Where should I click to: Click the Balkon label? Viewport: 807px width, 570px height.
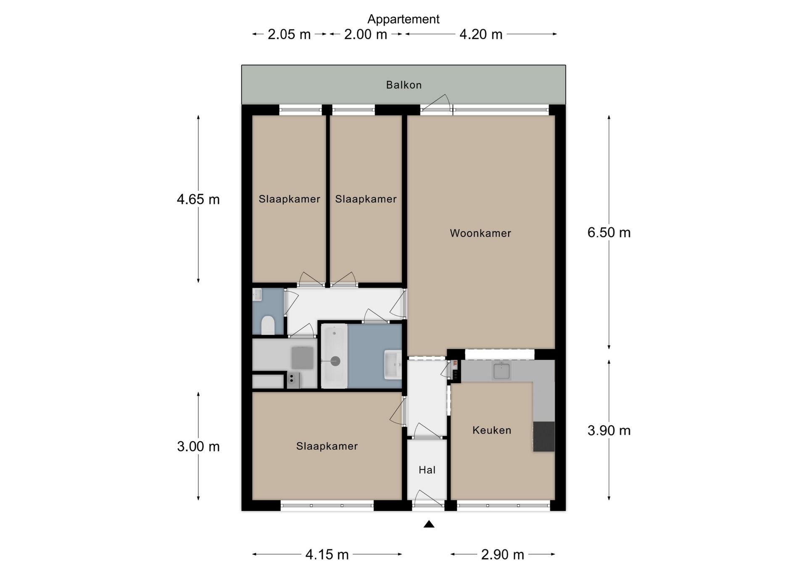pos(403,85)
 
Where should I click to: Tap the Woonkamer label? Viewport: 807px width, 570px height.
pos(480,233)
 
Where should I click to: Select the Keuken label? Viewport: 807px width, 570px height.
pos(492,430)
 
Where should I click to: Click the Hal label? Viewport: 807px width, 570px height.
pos(427,470)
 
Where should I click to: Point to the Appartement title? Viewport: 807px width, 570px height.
pos(403,19)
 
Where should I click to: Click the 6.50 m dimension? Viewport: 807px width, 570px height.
pos(609,232)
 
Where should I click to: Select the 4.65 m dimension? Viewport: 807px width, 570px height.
pos(198,199)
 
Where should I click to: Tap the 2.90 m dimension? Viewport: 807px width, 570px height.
pos(503,554)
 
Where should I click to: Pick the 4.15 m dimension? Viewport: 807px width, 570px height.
pos(327,554)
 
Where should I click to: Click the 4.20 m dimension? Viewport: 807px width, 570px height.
pos(481,34)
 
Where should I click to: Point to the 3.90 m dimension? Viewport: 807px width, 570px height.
pos(609,430)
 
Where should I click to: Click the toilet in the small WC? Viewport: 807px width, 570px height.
pos(268,325)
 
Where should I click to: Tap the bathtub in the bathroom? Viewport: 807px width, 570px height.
pos(335,356)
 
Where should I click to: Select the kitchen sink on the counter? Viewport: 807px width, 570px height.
pos(501,371)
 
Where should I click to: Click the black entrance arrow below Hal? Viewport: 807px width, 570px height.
pos(429,524)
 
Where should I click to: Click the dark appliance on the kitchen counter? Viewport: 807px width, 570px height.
pos(544,437)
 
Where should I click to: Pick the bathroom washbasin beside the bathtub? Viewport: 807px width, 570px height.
pos(393,364)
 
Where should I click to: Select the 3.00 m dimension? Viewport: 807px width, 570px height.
pos(198,446)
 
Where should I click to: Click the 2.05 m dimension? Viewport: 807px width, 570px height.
pos(289,34)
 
